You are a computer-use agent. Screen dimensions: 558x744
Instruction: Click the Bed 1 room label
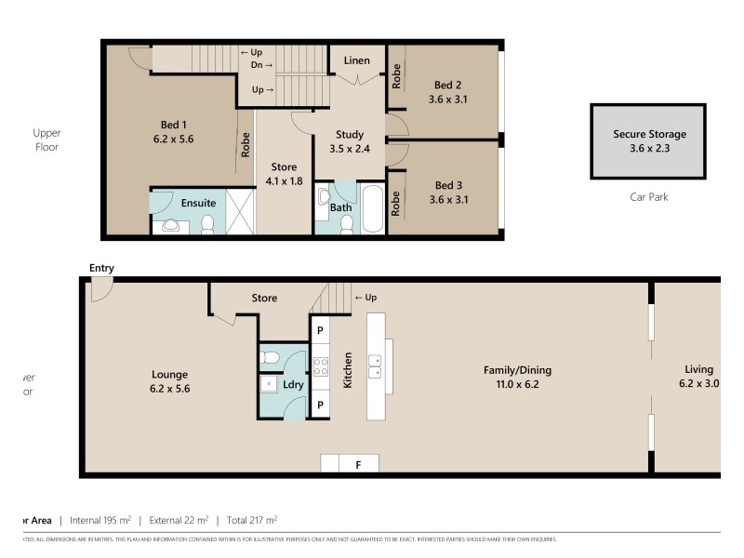pyautogui.click(x=172, y=125)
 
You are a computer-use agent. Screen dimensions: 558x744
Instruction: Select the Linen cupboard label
pyautogui.click(x=357, y=60)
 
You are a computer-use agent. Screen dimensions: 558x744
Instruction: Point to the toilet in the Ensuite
pyautogui.click(x=208, y=222)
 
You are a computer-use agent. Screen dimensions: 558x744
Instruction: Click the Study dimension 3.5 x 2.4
pyautogui.click(x=350, y=148)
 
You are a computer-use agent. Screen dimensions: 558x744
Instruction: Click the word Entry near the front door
pyautogui.click(x=101, y=269)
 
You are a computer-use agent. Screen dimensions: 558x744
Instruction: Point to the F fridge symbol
pyautogui.click(x=357, y=464)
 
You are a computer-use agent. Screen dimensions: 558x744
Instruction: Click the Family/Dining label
pyautogui.click(x=511, y=369)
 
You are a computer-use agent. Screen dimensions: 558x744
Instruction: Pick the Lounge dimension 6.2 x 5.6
pyautogui.click(x=170, y=390)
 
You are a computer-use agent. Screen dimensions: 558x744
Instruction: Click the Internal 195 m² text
pyautogui.click(x=100, y=520)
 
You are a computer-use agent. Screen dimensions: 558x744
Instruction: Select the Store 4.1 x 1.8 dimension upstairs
pyautogui.click(x=284, y=181)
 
